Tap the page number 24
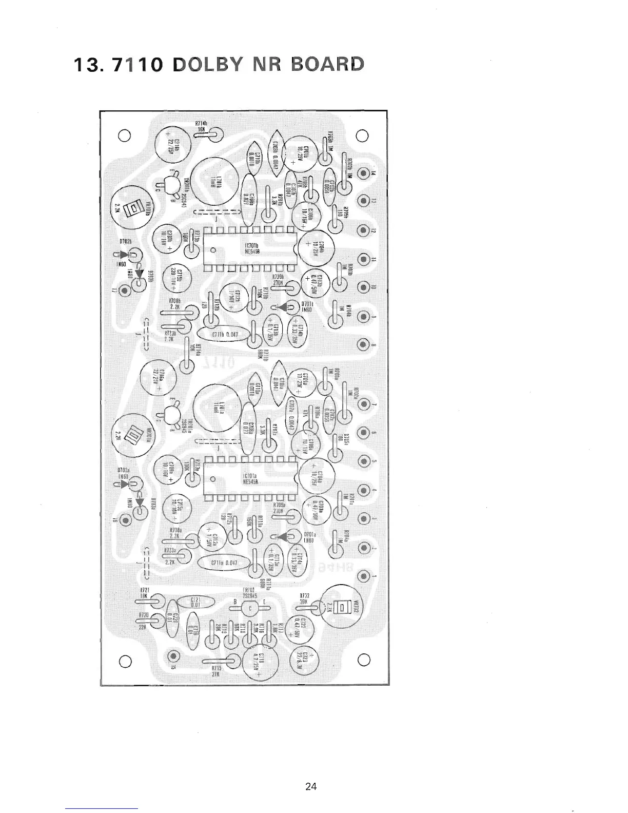[310, 786]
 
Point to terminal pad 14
[363, 173]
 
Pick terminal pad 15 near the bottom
[173, 656]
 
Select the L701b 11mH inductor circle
[217, 181]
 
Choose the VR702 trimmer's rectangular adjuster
[343, 607]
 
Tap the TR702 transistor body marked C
[250, 609]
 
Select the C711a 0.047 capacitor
[224, 563]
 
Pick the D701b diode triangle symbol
[281, 307]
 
